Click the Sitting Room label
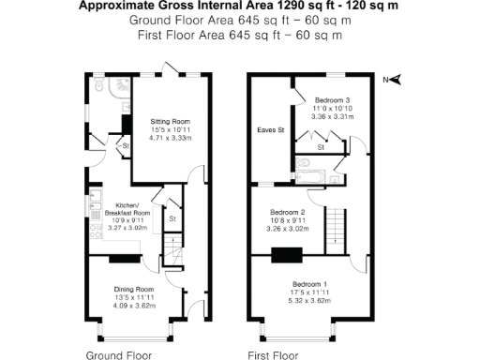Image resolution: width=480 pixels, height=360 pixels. (171, 122)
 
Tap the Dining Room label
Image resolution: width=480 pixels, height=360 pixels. (134, 289)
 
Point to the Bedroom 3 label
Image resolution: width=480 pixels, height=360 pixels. (333, 99)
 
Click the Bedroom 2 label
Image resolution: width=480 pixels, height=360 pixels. (288, 213)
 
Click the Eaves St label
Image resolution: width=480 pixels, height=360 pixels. (270, 130)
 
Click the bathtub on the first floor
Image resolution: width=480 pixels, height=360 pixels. (309, 173)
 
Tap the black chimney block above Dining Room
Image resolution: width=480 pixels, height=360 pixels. (123, 260)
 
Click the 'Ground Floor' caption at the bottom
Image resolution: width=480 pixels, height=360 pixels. (119, 355)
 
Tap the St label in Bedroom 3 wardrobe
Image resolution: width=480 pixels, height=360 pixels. (321, 147)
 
